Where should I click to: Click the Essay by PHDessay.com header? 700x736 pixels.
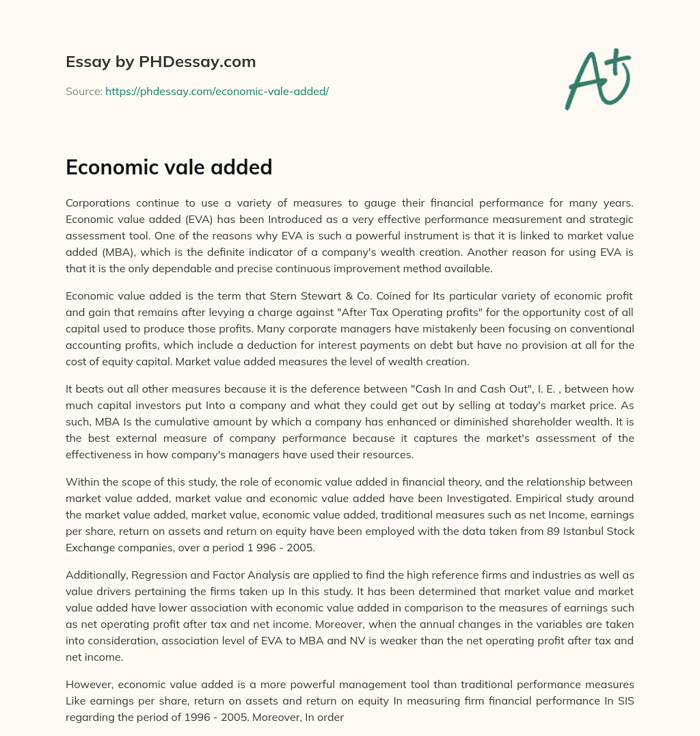[161, 62]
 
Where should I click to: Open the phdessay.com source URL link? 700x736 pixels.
[217, 91]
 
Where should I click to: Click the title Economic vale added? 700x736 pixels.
[169, 167]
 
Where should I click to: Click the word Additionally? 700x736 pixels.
[95, 575]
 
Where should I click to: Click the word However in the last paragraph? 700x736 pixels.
[87, 685]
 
